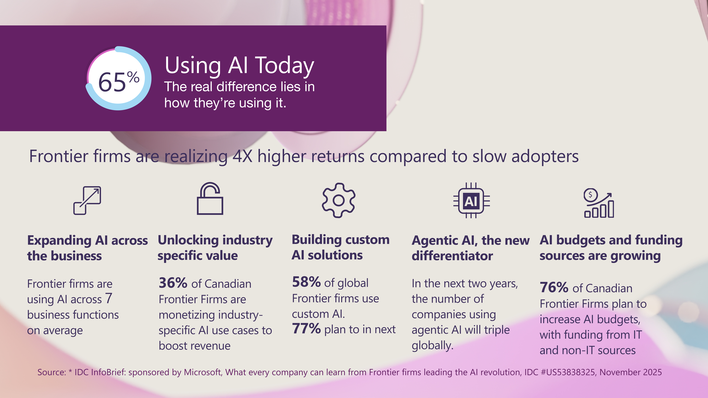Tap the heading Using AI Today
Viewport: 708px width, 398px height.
[x=239, y=66]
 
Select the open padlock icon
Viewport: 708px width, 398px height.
[x=210, y=198]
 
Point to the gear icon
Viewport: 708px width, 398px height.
[x=339, y=201]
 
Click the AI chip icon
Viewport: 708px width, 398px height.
[x=471, y=201]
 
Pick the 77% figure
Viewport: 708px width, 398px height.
[x=306, y=328]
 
